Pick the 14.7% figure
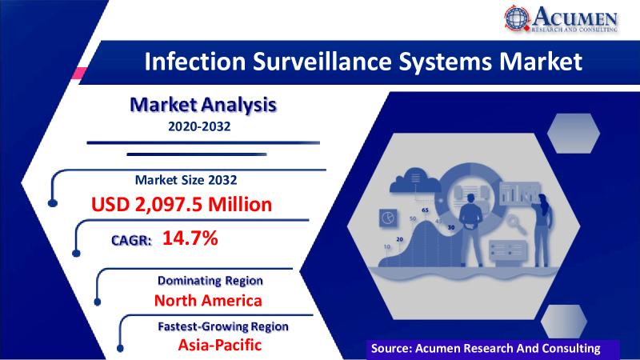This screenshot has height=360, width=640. pyautogui.click(x=190, y=238)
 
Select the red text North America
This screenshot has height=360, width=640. pyautogui.click(x=208, y=301)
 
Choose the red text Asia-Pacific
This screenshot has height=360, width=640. pyautogui.click(x=219, y=345)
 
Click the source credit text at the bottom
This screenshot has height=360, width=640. pyautogui.click(x=486, y=348)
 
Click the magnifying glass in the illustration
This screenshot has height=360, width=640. pyautogui.click(x=529, y=225)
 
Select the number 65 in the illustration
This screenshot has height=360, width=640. pyautogui.click(x=426, y=210)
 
